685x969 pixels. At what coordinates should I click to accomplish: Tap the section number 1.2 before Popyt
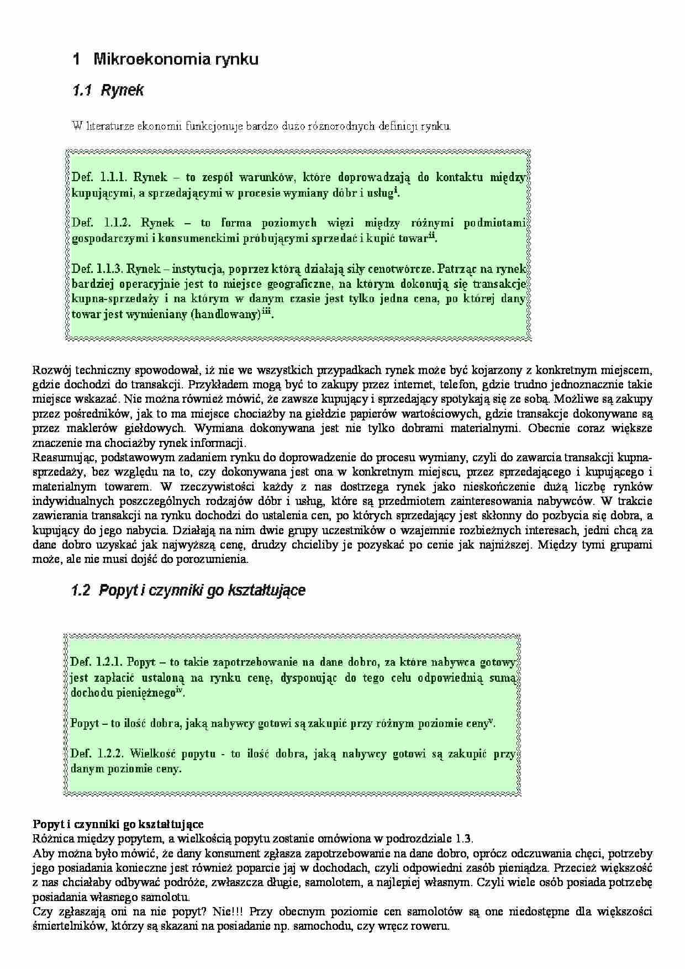tap(81, 591)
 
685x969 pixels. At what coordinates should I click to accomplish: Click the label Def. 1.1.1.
tap(100, 177)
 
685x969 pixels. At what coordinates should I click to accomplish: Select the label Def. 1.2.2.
tap(97, 754)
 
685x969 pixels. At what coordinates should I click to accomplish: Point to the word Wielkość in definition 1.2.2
tap(152, 754)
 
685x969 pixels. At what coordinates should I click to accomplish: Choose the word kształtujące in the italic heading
tap(271, 591)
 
